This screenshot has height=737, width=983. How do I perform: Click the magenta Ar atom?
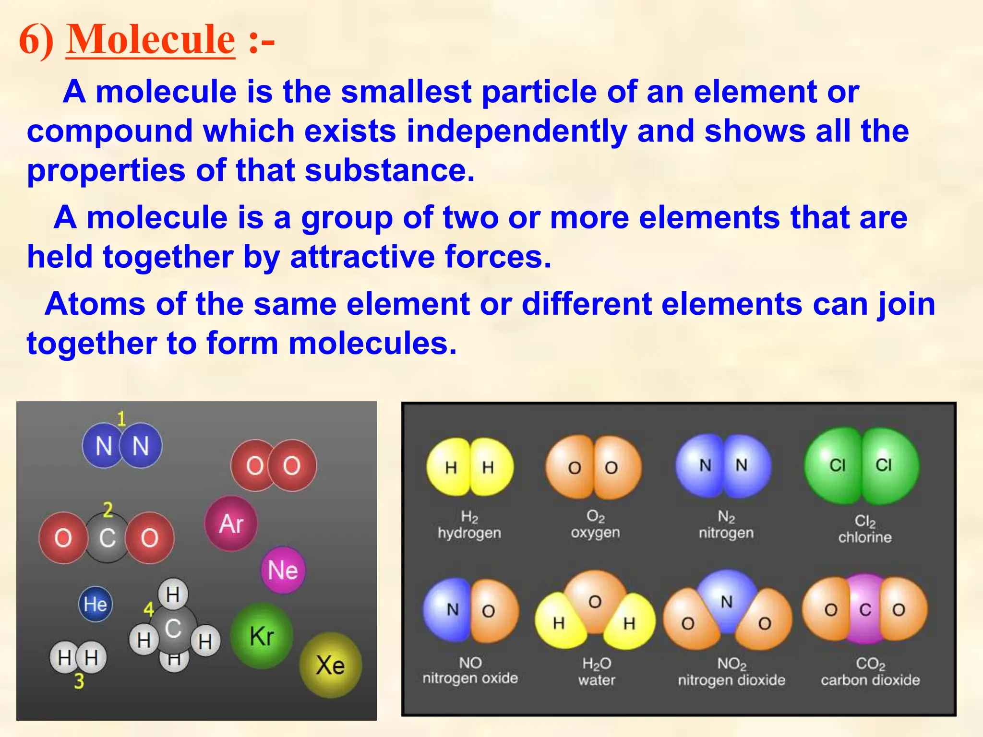(x=231, y=523)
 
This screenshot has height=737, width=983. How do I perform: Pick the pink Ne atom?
(x=283, y=570)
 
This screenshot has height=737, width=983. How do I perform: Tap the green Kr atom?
(x=262, y=636)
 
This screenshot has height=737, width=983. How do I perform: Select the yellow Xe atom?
(x=330, y=666)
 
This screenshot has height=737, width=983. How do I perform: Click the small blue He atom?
(x=95, y=604)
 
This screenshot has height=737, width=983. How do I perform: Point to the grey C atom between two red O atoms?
(x=107, y=538)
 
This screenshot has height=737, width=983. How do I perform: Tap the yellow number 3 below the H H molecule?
(x=79, y=681)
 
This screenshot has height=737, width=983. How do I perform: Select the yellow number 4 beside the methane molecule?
(x=149, y=610)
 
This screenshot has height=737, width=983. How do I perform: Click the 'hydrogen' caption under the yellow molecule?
(x=469, y=533)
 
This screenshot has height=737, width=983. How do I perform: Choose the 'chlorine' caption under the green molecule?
(x=865, y=537)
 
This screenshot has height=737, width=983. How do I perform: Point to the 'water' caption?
(x=597, y=680)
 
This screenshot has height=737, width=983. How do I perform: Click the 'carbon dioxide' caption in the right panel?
(x=870, y=680)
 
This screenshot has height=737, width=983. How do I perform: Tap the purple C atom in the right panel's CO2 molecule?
(x=865, y=610)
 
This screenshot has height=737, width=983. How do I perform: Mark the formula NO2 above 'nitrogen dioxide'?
(x=731, y=664)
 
